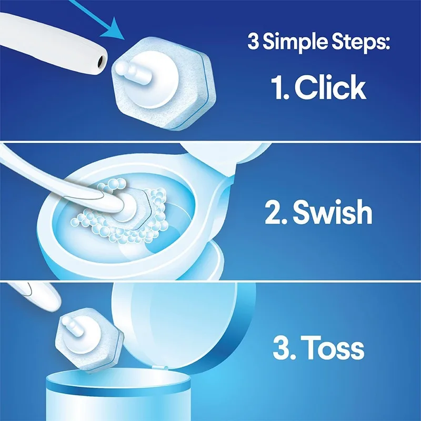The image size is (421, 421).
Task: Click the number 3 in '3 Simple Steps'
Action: (x=253, y=42)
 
